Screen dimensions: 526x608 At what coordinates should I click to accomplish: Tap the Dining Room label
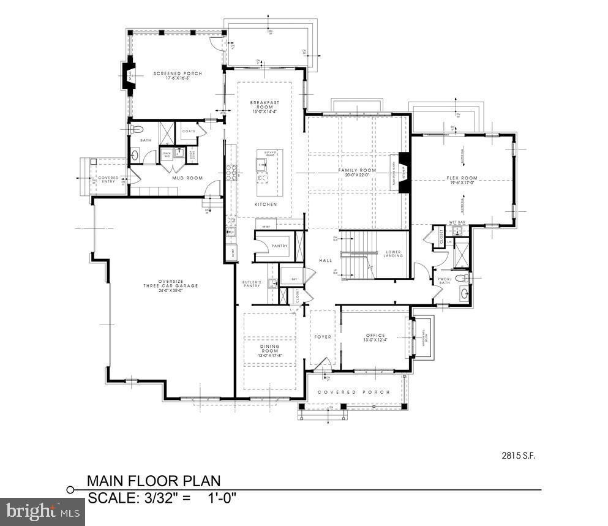click(x=269, y=351)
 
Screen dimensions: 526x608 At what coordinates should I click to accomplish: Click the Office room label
click(x=375, y=338)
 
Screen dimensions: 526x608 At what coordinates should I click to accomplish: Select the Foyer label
click(x=323, y=337)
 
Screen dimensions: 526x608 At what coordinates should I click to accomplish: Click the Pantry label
click(x=279, y=246)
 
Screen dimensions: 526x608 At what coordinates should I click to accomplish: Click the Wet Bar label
click(x=457, y=222)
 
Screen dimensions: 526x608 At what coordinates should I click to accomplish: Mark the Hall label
click(x=325, y=261)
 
